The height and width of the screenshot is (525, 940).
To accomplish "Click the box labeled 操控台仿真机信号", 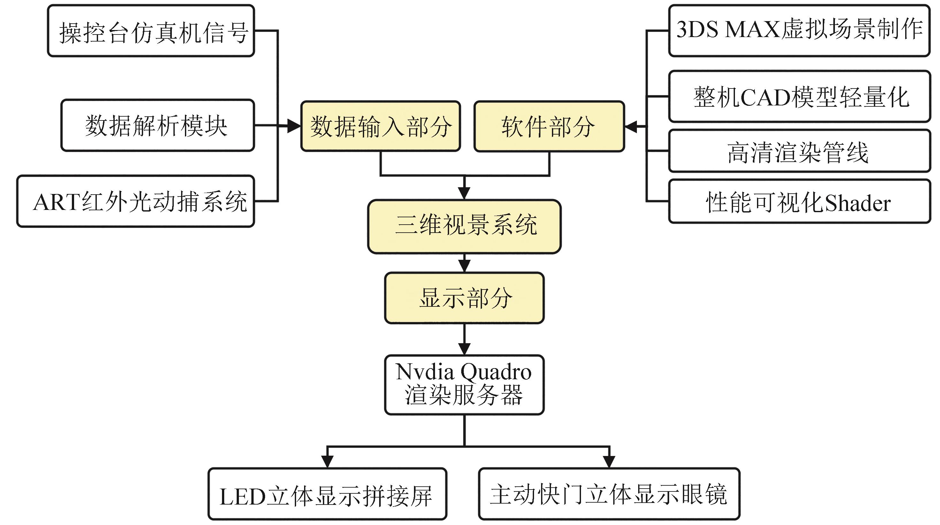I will [151, 31].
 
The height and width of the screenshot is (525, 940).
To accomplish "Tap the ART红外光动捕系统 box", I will [136, 201].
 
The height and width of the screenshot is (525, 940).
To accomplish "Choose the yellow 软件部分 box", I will [549, 126].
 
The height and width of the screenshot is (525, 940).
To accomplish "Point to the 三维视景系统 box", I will [464, 226].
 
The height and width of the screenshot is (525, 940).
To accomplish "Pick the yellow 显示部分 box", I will [464, 298].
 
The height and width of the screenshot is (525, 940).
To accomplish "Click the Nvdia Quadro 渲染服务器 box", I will [464, 385].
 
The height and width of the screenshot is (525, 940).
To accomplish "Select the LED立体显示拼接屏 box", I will [327, 494].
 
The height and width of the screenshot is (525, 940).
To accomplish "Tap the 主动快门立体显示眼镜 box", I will [609, 494].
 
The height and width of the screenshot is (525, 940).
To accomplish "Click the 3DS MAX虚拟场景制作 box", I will [799, 31].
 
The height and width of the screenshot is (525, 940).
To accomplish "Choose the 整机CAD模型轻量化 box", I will [799, 97].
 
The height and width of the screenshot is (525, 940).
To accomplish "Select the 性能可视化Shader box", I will [799, 201].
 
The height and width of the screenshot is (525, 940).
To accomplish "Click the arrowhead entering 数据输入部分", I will [294, 126].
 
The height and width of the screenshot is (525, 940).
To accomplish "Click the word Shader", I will [858, 203].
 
